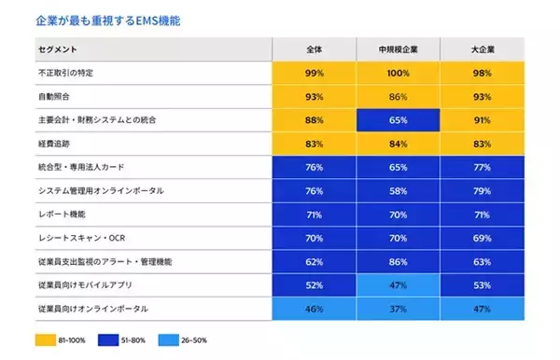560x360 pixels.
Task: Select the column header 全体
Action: (x=314, y=48)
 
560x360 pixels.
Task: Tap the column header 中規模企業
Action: (x=399, y=48)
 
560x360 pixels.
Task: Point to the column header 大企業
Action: (x=483, y=48)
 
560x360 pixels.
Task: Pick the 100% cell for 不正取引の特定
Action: (x=399, y=73)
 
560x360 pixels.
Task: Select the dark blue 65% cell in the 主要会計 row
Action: (x=399, y=120)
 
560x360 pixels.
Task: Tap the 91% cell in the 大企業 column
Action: (x=483, y=120)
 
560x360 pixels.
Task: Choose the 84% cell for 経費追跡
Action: (x=399, y=144)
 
